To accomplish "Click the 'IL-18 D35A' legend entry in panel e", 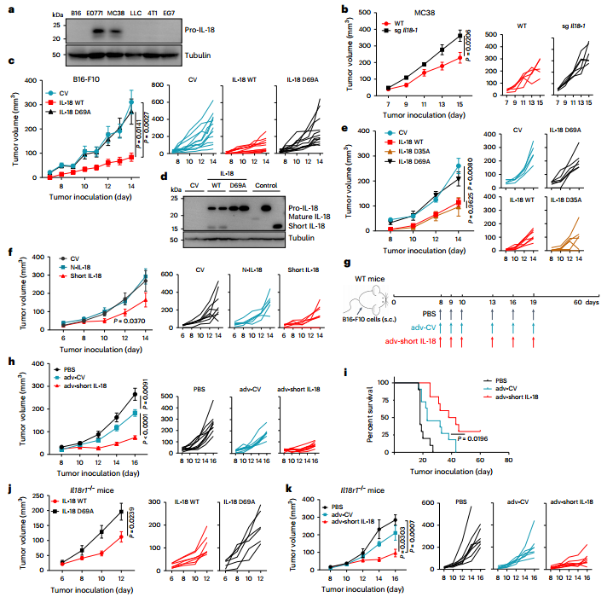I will (372, 160).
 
